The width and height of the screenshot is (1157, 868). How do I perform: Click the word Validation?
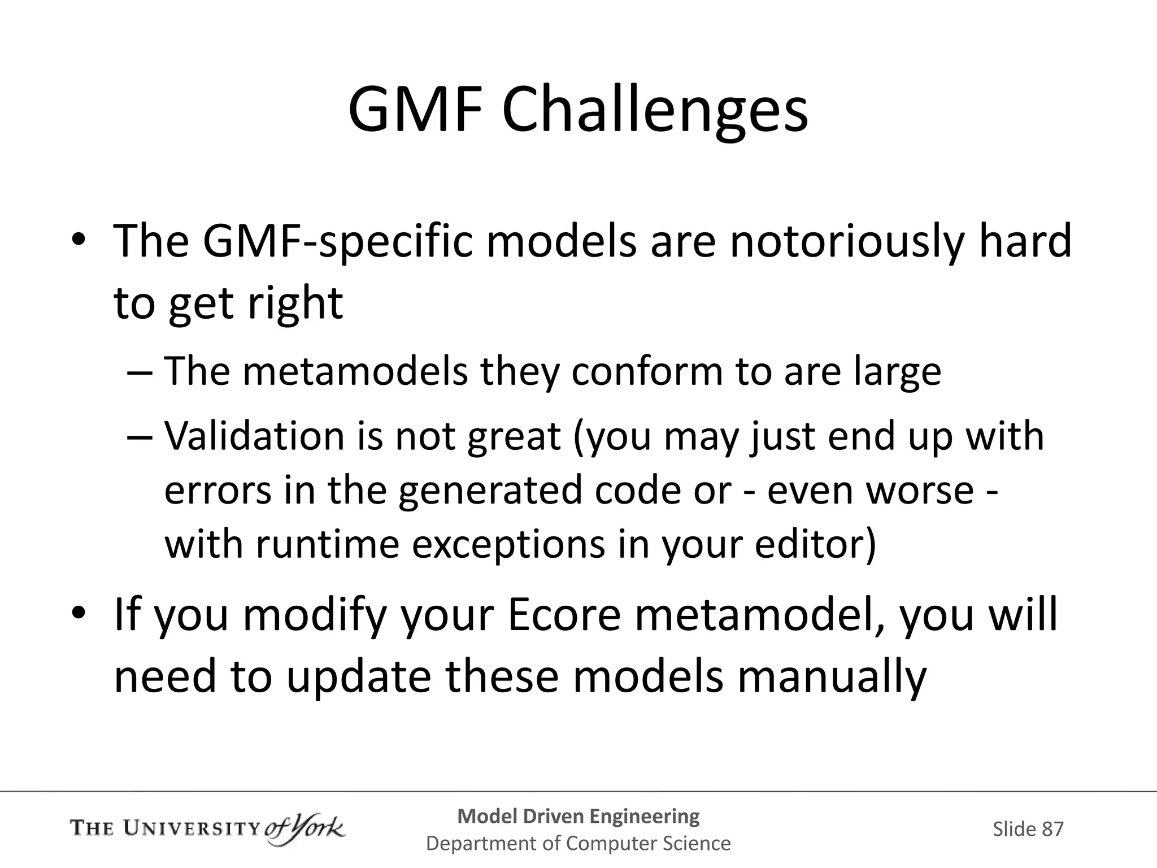(254, 436)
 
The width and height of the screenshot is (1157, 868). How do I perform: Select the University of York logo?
(207, 829)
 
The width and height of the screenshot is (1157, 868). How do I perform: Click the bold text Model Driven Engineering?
(578, 816)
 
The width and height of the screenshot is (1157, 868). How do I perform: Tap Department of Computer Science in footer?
(578, 843)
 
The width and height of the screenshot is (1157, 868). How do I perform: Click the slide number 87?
(1052, 829)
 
